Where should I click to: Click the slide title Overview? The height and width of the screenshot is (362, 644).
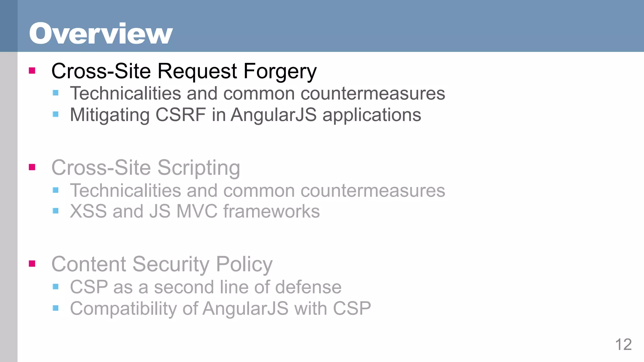coord(101,33)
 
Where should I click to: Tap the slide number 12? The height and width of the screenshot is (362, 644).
coord(623,345)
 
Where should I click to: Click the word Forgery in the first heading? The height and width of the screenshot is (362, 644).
coord(280,72)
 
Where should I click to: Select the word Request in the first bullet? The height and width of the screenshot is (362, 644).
coord(197,72)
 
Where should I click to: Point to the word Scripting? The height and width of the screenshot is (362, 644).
coord(198,168)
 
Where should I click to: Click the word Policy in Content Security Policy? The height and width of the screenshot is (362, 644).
coord(244,265)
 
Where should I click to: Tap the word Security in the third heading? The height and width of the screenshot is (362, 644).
coord(171,265)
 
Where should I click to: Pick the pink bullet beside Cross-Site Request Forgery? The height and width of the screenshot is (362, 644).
coord(32,70)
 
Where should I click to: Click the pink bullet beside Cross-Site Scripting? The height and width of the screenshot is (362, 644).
coord(32,167)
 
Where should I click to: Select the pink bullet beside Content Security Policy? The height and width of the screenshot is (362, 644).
coord(32,263)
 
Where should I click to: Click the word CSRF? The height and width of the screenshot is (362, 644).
coord(180,115)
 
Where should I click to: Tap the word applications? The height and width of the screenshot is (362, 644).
coord(372,115)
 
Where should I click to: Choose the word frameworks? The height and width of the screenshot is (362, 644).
coord(271,211)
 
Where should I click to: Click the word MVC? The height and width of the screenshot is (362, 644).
coord(197,211)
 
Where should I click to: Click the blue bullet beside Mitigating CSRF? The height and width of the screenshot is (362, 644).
coord(56,114)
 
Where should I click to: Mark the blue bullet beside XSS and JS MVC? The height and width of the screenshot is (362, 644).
coord(56,211)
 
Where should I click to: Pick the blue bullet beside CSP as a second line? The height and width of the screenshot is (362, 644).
coord(56,286)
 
